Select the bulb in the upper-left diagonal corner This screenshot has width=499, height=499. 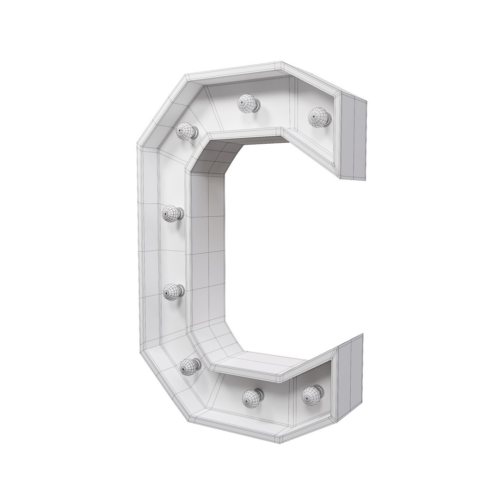click(x=187, y=131)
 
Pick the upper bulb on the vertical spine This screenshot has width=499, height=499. click(x=173, y=213)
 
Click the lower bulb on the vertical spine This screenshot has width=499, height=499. click(x=174, y=291)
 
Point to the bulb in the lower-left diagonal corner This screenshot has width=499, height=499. click(x=190, y=366)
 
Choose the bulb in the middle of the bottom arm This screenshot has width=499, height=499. click(x=253, y=397)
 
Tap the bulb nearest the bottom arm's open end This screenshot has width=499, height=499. click(x=313, y=394)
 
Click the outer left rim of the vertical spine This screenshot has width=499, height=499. click(x=147, y=249)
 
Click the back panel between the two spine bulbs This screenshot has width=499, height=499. click(x=175, y=252)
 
